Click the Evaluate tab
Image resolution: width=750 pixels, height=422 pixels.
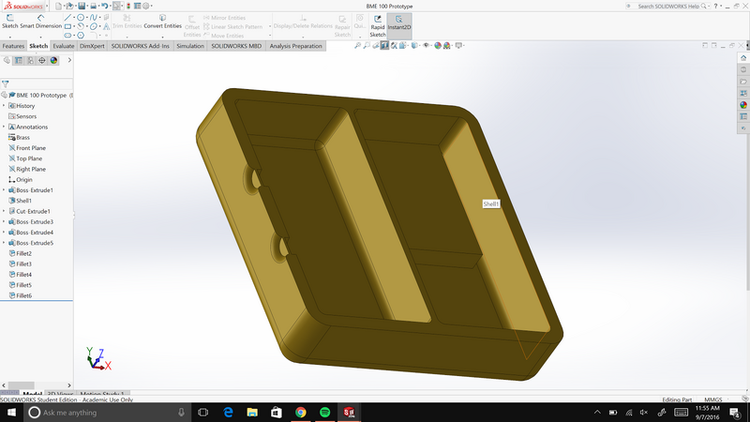click(65, 46)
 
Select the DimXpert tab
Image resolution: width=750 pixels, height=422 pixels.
click(92, 46)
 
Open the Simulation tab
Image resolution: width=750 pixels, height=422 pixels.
click(190, 46)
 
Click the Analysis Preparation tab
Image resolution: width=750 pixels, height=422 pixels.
click(295, 46)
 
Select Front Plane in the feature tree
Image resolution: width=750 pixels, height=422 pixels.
click(31, 148)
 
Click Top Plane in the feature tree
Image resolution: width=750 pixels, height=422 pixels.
click(29, 158)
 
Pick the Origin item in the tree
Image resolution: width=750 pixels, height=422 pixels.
click(24, 179)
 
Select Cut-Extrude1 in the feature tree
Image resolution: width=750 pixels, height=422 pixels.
click(33, 211)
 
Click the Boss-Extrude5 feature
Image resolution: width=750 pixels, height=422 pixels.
click(35, 243)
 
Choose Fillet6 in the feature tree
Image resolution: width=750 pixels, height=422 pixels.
click(24, 295)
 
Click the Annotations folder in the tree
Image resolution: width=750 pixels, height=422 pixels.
click(32, 127)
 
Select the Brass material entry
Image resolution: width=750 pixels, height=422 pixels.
click(23, 137)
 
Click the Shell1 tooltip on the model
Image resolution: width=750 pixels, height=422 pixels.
click(491, 203)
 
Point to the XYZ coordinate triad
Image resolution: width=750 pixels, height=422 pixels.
click(96, 358)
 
